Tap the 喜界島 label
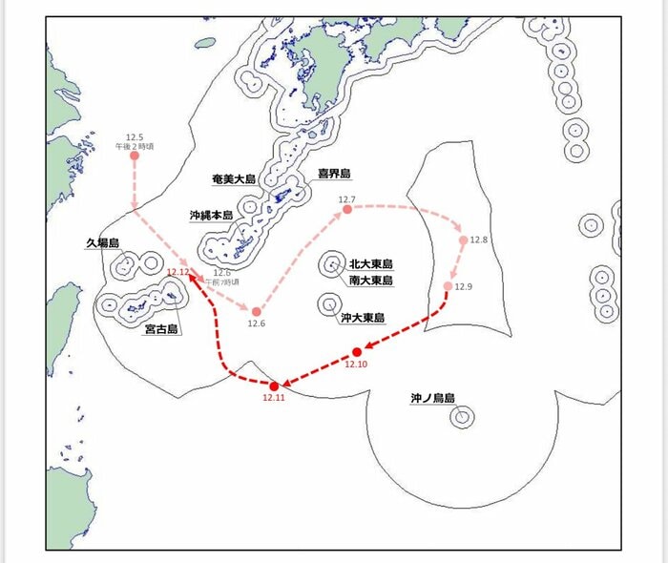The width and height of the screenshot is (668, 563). coord(334,175)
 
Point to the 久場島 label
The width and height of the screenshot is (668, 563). coord(101,243)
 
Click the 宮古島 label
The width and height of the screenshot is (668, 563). coord(160,329)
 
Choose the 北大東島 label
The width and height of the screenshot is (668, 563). coord(371,264)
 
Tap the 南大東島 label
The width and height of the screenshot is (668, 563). coord(371,281)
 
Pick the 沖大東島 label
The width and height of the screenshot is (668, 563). coord(363,318)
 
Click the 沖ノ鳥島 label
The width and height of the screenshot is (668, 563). coord(432,398)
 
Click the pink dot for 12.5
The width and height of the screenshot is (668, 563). coord(135,156)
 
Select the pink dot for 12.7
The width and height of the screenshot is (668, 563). coord(347,209)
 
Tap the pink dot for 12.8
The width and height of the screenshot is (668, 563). coord(464,240)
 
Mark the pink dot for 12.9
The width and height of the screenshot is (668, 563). coord(449,286)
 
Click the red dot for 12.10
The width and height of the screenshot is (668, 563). coord(357,352)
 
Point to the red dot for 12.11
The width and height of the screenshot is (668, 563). coord(274,386)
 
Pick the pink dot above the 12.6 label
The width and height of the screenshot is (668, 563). coord(255,312)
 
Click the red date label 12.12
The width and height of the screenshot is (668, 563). coord(177,272)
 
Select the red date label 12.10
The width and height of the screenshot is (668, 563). coord(356,365)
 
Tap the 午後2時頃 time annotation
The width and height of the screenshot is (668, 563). coord(135,146)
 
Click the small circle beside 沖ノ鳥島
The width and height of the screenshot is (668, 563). coord(463,416)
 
